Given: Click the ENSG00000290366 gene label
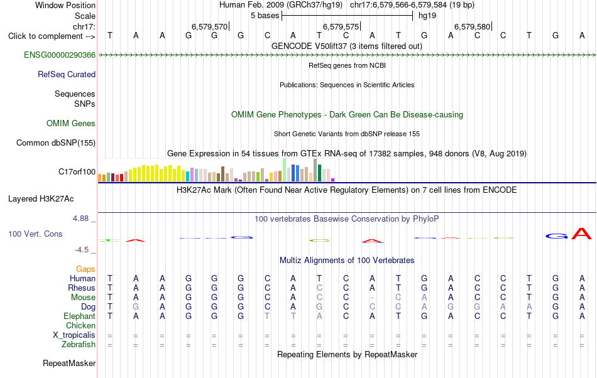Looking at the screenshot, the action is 60,55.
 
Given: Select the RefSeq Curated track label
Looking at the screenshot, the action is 67,75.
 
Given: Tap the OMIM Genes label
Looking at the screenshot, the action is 71,124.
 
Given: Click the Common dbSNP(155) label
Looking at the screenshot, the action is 56,143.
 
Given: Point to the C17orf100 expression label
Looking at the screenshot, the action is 77,172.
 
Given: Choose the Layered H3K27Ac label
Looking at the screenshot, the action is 41,199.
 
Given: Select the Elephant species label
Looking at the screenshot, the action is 80,316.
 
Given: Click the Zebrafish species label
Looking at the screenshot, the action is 79,345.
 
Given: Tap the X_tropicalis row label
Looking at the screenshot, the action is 74,335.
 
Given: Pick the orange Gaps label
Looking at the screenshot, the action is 85,269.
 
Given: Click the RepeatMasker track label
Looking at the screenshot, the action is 69,364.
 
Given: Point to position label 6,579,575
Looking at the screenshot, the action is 341,27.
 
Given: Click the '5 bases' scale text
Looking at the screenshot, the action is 265,16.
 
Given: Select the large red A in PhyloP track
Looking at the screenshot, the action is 582,234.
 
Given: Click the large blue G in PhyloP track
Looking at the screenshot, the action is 556,236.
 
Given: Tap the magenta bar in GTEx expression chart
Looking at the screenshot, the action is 333,180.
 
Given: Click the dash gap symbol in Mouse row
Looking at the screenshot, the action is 372,298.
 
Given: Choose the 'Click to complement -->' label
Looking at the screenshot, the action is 52,36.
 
